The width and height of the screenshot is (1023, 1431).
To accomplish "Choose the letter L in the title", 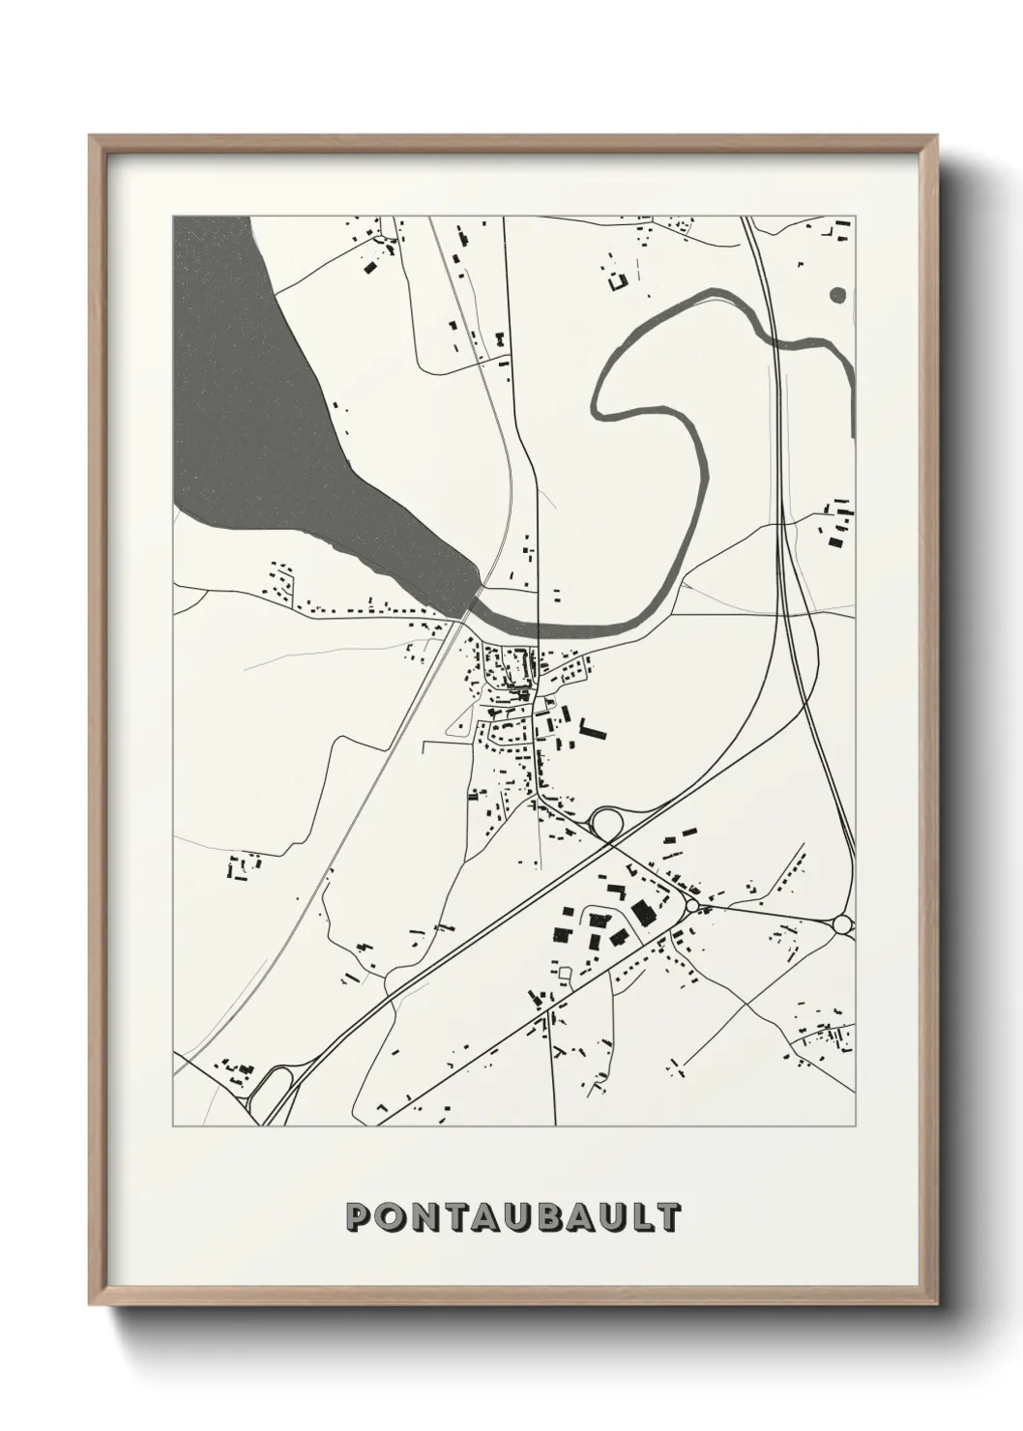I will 641,1217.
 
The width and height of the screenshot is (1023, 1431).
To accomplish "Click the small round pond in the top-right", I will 837,294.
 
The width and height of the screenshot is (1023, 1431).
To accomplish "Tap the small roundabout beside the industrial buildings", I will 692,905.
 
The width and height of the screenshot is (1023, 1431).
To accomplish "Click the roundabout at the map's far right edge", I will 841,925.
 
